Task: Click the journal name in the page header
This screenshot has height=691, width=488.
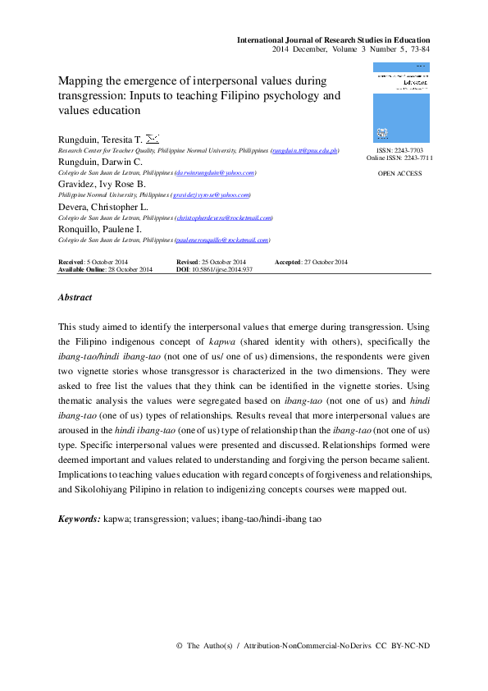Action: coord(333,39)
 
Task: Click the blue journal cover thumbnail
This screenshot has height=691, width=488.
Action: coord(400,102)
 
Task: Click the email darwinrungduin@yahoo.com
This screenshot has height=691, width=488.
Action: coord(215,173)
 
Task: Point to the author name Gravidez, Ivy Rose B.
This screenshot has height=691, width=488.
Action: coord(101,185)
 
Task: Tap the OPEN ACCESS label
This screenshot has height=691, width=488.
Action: coord(400,174)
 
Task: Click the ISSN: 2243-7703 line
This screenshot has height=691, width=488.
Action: coord(400,152)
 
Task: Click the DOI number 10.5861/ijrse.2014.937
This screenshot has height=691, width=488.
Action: coord(221,269)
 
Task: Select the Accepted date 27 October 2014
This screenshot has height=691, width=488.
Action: coord(325,262)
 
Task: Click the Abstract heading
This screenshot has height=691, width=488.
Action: coord(75,297)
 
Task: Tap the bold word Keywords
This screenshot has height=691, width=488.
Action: coord(80,519)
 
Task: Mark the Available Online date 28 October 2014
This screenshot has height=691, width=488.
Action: coord(129,269)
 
